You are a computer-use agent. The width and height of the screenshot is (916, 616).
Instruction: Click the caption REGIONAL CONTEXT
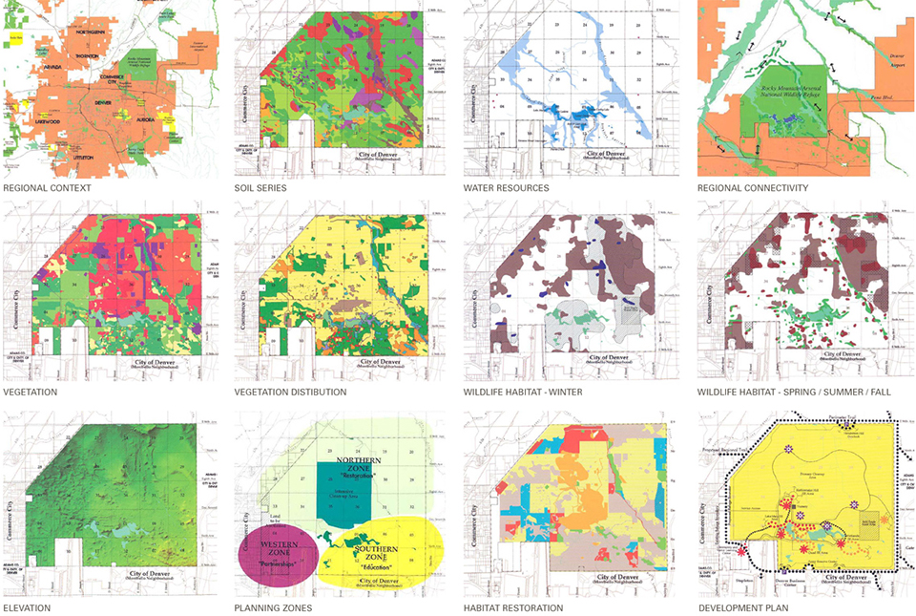(47, 188)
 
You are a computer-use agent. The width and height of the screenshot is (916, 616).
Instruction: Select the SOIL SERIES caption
(260, 188)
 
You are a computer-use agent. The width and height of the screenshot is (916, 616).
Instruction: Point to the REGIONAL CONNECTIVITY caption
(752, 188)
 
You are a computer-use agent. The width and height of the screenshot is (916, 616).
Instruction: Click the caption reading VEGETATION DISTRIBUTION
(290, 393)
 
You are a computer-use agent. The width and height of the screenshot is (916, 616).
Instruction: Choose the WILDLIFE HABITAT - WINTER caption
(523, 393)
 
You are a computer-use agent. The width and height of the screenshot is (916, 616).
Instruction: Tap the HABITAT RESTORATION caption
(513, 607)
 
